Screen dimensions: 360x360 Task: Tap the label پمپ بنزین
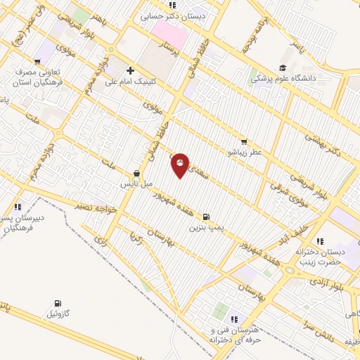pyautogui.click(x=205, y=228)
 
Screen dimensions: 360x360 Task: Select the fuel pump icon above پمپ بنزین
pyautogui.click(x=205, y=217)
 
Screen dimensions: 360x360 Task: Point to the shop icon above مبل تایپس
pyautogui.click(x=136, y=173)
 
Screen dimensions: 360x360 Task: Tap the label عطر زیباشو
pyautogui.click(x=244, y=152)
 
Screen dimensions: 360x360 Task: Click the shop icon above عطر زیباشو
pyautogui.click(x=244, y=142)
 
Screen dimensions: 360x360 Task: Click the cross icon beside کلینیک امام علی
pyautogui.click(x=130, y=70)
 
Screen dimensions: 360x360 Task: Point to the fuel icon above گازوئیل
pyautogui.click(x=57, y=304)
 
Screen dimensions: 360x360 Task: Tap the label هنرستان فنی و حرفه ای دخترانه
pyautogui.click(x=234, y=335)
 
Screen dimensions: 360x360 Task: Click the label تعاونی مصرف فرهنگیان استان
pyautogui.click(x=39, y=77)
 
